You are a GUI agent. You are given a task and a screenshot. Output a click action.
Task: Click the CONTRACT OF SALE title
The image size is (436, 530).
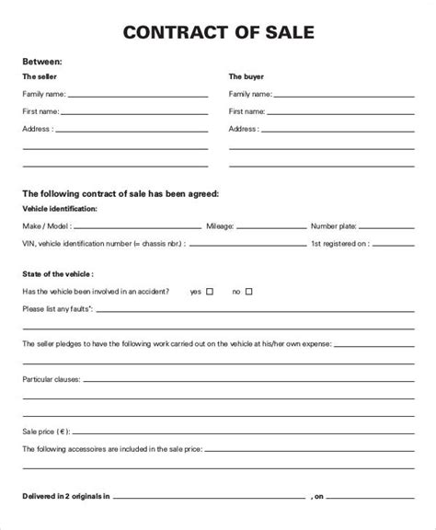point(217,34)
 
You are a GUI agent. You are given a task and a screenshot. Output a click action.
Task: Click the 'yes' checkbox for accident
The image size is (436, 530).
point(210,291)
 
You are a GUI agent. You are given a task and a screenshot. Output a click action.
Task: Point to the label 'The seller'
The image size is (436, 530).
point(38,77)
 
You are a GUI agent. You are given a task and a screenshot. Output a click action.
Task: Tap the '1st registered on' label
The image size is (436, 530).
point(340,244)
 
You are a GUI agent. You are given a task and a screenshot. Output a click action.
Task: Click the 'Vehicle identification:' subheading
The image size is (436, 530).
point(59,210)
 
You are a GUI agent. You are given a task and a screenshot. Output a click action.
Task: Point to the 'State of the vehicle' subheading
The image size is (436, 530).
point(58,274)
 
